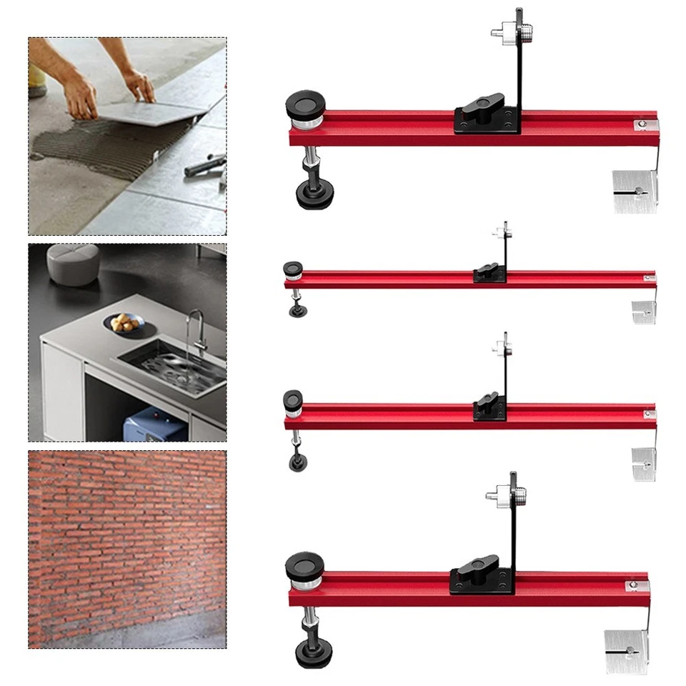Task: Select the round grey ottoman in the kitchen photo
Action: point(71,263)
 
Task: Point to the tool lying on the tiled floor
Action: point(206,165)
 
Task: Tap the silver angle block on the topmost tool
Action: point(635,192)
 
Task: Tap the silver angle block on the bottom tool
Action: point(626,650)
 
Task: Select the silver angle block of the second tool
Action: point(644,312)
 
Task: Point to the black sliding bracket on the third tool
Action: point(489,409)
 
